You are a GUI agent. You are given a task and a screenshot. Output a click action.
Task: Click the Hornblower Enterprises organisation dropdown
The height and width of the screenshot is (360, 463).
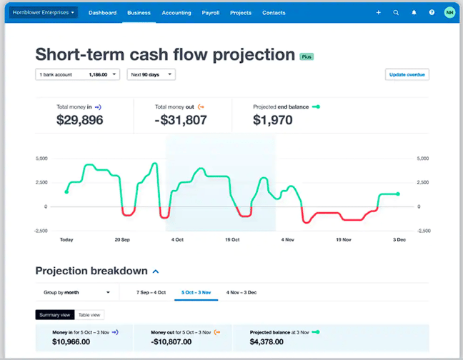[44, 12]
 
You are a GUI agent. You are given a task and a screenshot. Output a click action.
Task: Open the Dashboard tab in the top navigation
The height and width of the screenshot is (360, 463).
[102, 13]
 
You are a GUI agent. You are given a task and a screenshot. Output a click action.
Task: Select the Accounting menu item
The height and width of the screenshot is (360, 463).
[176, 13]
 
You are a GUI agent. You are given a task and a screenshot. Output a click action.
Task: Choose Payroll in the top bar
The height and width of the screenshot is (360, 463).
[211, 13]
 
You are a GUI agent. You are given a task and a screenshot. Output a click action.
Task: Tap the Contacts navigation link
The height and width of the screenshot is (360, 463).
[274, 13]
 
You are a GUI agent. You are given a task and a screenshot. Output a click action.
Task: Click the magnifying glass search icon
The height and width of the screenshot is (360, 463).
[396, 13]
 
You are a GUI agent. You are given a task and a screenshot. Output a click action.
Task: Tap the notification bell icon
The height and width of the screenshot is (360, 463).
[414, 13]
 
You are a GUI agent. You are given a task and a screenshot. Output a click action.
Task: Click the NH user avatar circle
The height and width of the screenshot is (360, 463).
[449, 13]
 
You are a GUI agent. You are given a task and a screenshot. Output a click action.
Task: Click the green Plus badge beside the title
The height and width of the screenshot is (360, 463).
[307, 56]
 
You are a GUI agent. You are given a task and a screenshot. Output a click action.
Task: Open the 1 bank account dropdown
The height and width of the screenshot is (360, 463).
[78, 74]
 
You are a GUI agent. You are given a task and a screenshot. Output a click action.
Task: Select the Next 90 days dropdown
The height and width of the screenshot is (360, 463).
[151, 74]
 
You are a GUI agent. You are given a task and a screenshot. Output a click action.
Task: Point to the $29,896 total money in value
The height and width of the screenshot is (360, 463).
[79, 120]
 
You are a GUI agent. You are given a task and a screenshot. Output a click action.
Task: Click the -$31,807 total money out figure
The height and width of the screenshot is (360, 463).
[181, 120]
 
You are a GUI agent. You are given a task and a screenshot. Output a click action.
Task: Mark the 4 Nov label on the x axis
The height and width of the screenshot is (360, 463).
[288, 240]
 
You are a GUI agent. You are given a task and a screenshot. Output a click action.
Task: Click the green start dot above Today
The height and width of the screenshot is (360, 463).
[66, 191]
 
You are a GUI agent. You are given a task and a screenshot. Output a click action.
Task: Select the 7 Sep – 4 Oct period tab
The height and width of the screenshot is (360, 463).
[141, 292]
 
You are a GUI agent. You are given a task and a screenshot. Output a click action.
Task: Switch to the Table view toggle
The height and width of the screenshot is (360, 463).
[89, 314]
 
